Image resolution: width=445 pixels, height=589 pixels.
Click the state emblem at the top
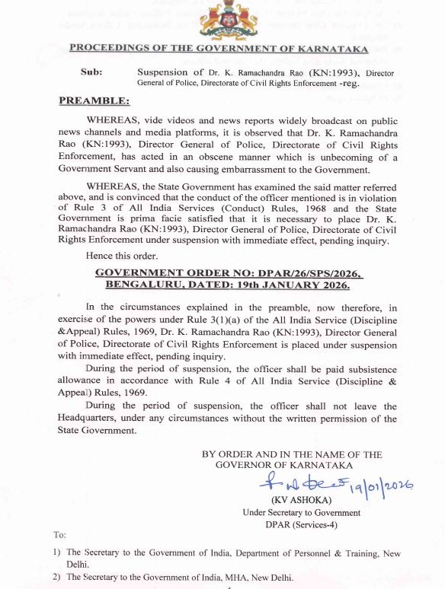[222, 21]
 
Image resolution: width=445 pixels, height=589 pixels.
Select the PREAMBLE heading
[94, 100]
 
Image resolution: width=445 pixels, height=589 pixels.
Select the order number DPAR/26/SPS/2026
[295, 272]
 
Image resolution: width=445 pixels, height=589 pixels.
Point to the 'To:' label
[59, 536]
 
